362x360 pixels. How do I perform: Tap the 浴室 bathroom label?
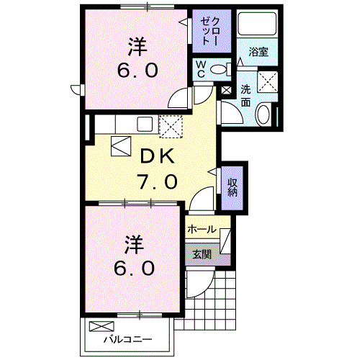(x=258, y=52)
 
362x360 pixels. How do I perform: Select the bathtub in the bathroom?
(x=257, y=23)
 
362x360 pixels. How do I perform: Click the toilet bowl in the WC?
(x=218, y=70)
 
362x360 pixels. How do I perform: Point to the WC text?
(x=201, y=69)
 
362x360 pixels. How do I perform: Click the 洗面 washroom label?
(x=245, y=96)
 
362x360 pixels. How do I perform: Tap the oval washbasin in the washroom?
(x=263, y=114)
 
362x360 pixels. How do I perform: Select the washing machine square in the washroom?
(x=268, y=82)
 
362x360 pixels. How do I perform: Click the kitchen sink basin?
(x=145, y=124)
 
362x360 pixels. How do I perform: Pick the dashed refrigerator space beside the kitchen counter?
(x=171, y=127)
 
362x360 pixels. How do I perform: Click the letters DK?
(x=157, y=156)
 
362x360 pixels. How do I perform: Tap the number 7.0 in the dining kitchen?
(x=157, y=181)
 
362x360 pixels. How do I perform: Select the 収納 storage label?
(x=232, y=187)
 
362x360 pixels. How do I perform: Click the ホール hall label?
(x=202, y=230)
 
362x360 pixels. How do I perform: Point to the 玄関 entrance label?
(x=202, y=254)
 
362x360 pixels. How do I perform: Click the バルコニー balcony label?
(x=128, y=339)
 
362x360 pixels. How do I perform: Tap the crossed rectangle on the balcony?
(x=101, y=326)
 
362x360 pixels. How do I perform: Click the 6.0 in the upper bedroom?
(x=137, y=71)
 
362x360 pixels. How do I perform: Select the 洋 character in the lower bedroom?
(x=134, y=245)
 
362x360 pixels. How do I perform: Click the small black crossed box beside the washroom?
(x=226, y=91)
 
